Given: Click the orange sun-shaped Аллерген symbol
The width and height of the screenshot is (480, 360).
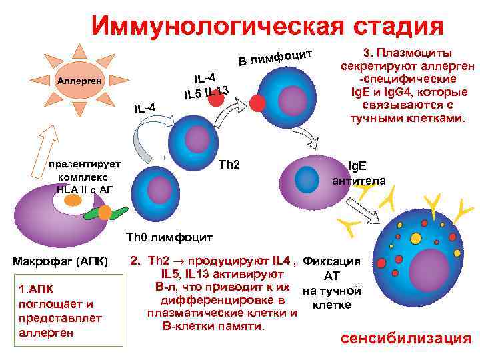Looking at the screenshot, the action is pyautogui.click(x=79, y=81).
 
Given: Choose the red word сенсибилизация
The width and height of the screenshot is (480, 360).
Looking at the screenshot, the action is pyautogui.click(x=405, y=338).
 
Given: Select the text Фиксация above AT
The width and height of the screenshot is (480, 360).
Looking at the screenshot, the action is pyautogui.click(x=331, y=261).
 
